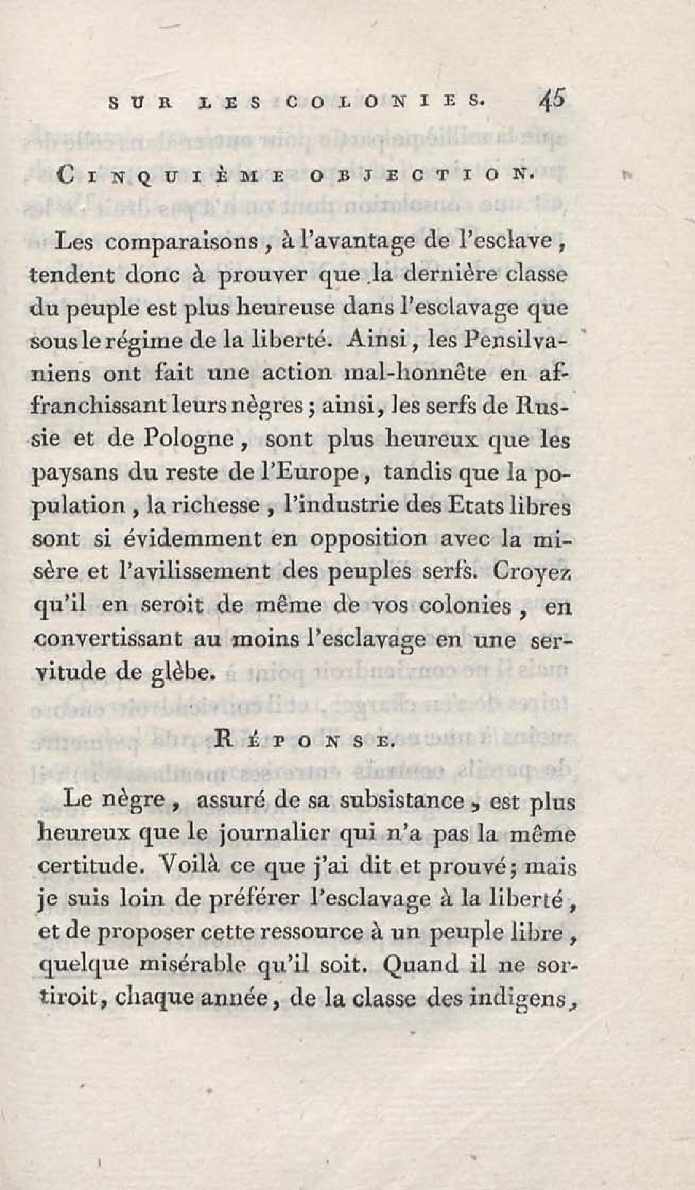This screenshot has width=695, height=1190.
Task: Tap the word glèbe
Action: click(178, 671)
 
